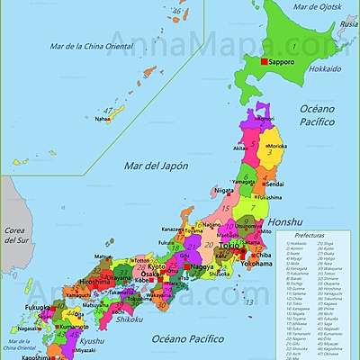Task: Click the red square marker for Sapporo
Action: pyautogui.click(x=265, y=61)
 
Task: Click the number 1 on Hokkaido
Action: pyautogui.click(x=292, y=45)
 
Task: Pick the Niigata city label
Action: pyautogui.click(x=224, y=190)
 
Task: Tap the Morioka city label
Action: pyautogui.click(x=274, y=144)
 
